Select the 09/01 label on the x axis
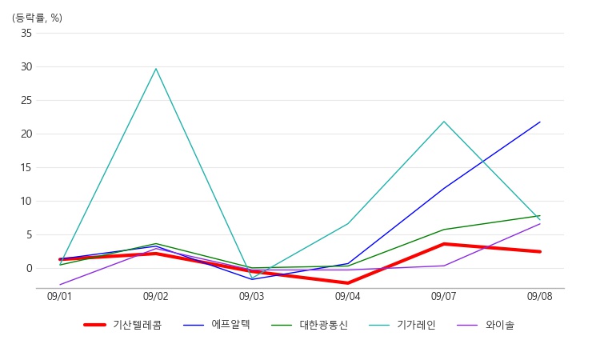pyautogui.click(x=60, y=297)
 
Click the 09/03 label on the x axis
pyautogui.click(x=252, y=297)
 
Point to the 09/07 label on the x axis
pyautogui.click(x=444, y=297)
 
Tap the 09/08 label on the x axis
pyautogui.click(x=540, y=297)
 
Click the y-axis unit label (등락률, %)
pyautogui.click(x=37, y=18)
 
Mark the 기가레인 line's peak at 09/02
pyautogui.click(x=156, y=68)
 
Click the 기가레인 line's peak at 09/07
pyautogui.click(x=444, y=122)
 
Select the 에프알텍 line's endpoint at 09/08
pyautogui.click(x=540, y=122)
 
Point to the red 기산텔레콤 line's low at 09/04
pyautogui.click(x=348, y=283)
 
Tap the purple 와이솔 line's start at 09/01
pyautogui.click(x=60, y=285)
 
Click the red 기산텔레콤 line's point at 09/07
pyautogui.click(x=444, y=244)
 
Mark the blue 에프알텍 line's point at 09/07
pyautogui.click(x=444, y=189)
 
